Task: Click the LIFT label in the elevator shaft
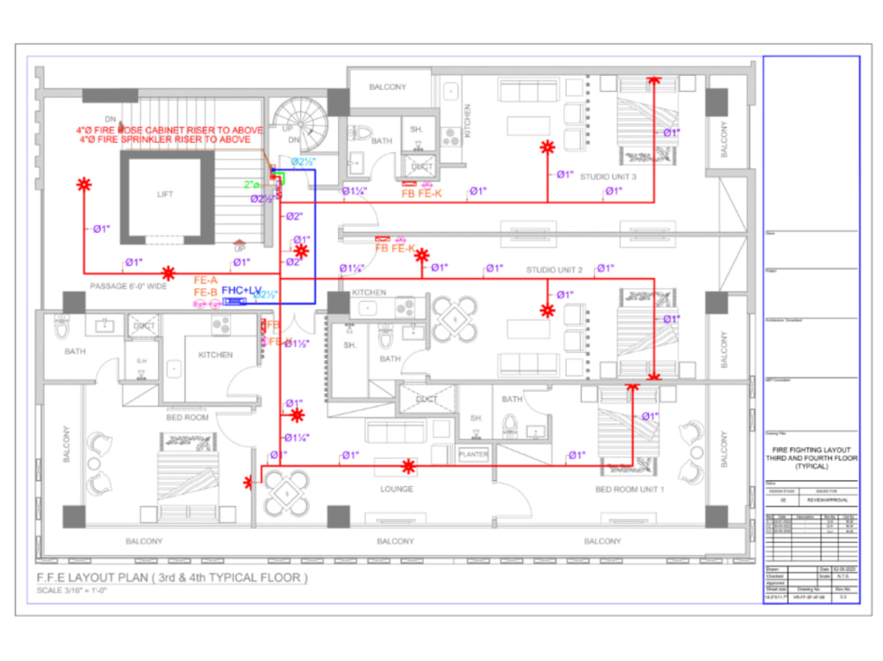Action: click(x=166, y=194)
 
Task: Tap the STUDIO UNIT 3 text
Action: click(x=608, y=177)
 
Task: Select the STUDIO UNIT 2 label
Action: click(x=555, y=269)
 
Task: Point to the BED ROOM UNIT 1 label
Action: click(x=630, y=488)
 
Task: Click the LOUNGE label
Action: click(x=397, y=488)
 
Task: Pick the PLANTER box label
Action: click(x=474, y=454)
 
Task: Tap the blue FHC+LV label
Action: click(x=241, y=289)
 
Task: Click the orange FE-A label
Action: click(x=205, y=280)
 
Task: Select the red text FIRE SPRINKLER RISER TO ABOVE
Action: click(x=171, y=139)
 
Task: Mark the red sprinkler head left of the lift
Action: click(x=84, y=184)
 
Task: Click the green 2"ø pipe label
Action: click(x=252, y=184)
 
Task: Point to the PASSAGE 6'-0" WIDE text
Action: click(x=128, y=286)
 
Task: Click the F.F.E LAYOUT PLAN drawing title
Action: click(x=171, y=578)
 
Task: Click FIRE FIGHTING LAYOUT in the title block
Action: click(x=811, y=449)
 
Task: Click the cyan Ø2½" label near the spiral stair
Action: click(x=304, y=162)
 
